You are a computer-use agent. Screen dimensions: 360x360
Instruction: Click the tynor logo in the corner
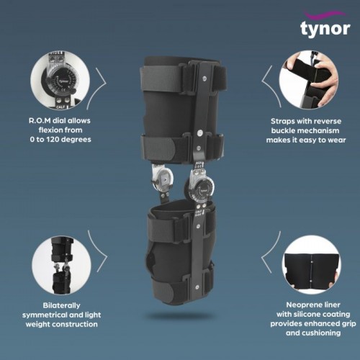coord(325,24)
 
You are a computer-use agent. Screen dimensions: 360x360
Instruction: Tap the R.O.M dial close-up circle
coord(60,80)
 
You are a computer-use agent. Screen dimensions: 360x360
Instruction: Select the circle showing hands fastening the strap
coord(309,80)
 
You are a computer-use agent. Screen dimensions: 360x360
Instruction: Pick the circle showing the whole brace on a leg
coord(61,265)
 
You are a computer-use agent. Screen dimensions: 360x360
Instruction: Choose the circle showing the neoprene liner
coord(312,265)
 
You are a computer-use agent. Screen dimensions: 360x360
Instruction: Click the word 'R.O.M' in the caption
coord(40,120)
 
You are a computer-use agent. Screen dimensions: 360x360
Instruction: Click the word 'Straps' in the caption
coord(282,121)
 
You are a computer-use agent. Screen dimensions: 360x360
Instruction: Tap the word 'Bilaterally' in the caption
coord(61,305)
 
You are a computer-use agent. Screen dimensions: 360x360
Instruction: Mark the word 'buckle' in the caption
coord(284,130)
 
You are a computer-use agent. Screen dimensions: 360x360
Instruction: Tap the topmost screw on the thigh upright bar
coord(204,78)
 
